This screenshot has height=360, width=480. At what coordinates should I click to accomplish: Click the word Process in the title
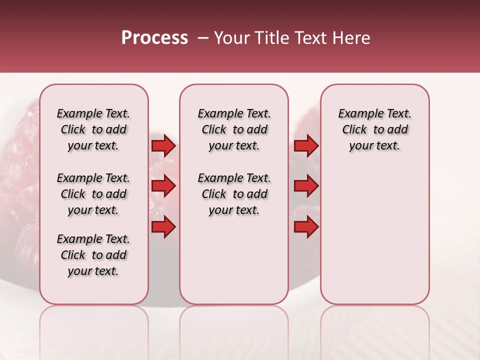click(154, 38)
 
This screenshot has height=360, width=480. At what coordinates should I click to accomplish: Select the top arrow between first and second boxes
click(163, 145)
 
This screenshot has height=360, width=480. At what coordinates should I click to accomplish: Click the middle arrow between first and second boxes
click(163, 186)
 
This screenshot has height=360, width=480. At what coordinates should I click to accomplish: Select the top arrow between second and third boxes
click(306, 145)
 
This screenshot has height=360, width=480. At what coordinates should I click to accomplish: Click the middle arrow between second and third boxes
click(306, 186)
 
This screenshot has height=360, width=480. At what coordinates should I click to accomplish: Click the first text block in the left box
click(93, 129)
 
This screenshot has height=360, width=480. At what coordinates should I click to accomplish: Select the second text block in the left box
click(93, 194)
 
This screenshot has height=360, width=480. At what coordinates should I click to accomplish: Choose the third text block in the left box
click(93, 255)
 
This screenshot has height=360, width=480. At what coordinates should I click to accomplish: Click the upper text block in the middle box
click(234, 129)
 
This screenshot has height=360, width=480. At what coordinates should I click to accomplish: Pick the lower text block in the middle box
click(234, 194)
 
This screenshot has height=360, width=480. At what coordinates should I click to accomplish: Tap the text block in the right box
click(374, 129)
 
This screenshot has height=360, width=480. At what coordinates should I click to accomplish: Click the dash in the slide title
click(202, 38)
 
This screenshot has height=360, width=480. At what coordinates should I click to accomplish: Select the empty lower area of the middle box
click(234, 260)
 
